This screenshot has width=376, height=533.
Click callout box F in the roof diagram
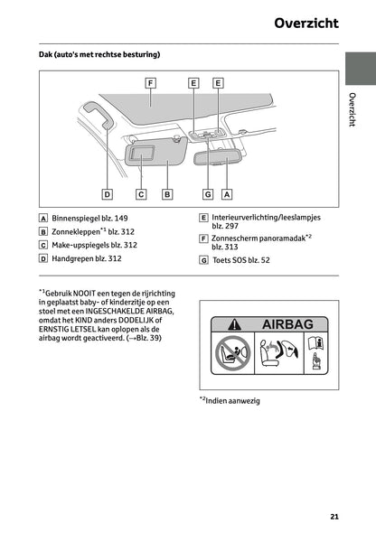tap(150, 82)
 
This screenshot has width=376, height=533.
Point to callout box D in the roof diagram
tap(107, 193)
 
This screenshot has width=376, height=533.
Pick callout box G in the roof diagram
tap(207, 193)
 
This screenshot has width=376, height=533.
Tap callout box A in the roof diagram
tap(227, 193)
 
